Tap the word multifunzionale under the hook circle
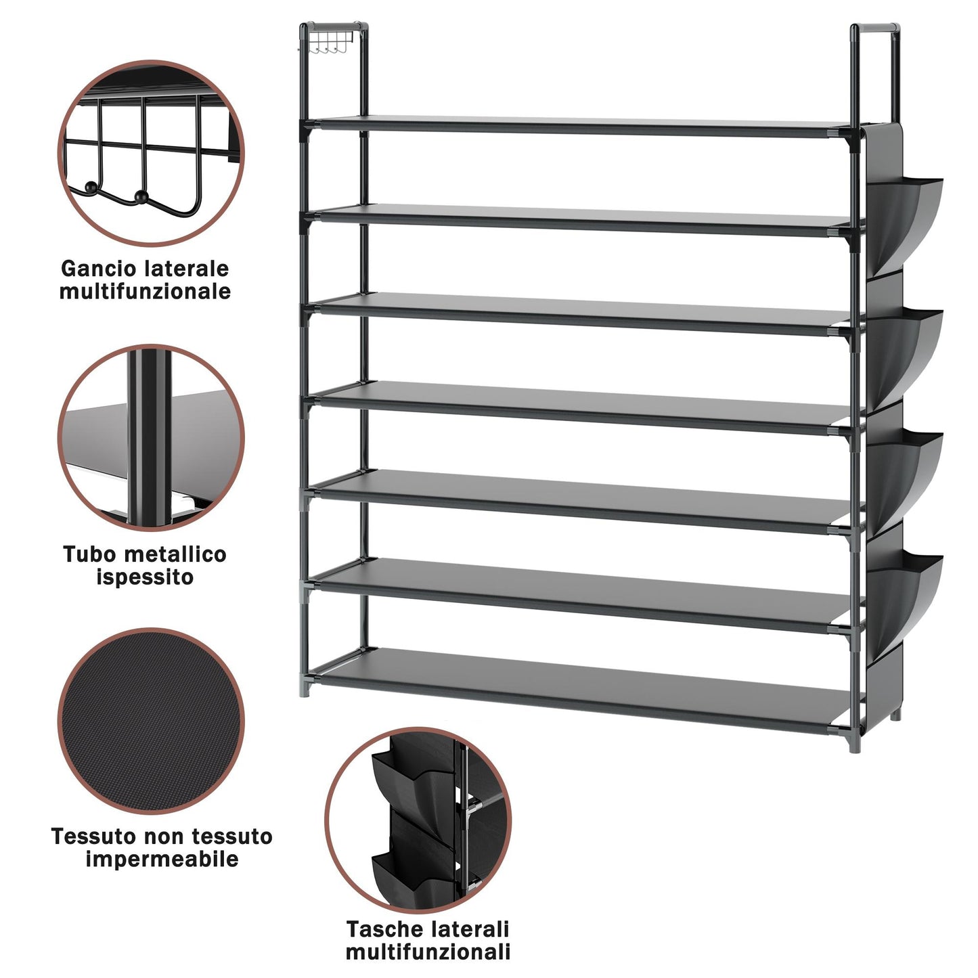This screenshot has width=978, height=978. (145, 291)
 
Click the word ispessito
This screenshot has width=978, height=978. (145, 577)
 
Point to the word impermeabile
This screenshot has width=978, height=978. (162, 860)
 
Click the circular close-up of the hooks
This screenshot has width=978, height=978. (151, 154)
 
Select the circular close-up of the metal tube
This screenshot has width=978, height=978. (151, 437)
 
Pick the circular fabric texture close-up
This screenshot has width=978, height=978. (151, 721)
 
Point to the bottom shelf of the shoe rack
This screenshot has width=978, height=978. (579, 690)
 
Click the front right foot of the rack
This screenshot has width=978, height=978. (855, 744)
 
